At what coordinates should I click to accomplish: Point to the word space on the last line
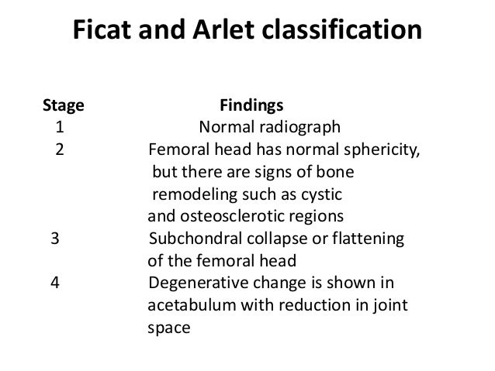[x=168, y=328]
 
